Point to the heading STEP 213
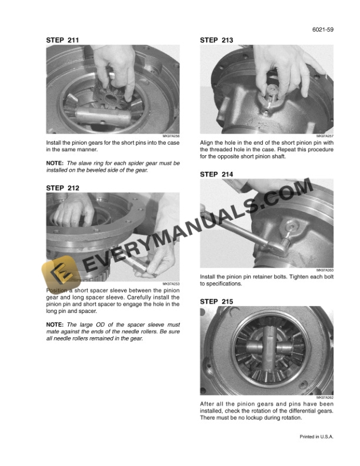tap(216, 40)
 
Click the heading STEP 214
tap(216, 174)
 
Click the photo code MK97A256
tap(171, 136)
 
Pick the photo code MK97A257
tap(325, 136)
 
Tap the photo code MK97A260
tap(325, 270)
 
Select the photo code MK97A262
tap(325, 397)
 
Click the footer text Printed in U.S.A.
tap(316, 437)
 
